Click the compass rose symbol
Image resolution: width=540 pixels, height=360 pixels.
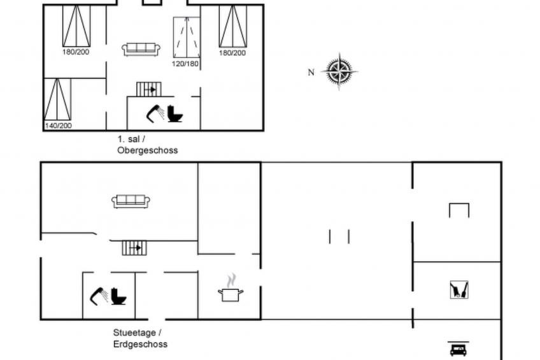point(339,71)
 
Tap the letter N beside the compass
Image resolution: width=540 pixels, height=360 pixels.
point(311,73)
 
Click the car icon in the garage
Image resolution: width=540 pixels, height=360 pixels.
point(458,349)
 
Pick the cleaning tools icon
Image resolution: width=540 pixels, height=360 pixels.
point(459,290)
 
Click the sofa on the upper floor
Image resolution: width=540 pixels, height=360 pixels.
point(141,49)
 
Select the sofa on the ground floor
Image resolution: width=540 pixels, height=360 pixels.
point(131,201)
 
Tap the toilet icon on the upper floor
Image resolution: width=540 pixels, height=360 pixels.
point(175,113)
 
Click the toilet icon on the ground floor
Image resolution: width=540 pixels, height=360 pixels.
point(118,296)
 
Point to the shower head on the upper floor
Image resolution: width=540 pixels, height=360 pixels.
point(155,113)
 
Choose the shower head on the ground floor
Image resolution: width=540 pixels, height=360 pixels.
point(99,296)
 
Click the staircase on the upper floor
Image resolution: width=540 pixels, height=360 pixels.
point(149,89)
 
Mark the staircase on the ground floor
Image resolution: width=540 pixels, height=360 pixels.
point(134,248)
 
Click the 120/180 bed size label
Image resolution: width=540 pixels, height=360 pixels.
point(185,64)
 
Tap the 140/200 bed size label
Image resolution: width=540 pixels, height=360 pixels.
point(58,126)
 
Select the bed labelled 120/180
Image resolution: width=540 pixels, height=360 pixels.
point(187,37)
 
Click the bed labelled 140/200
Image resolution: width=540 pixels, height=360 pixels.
point(57,99)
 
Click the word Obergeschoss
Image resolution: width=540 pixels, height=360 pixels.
point(147,150)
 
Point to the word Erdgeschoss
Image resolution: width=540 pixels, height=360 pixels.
point(141,344)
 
